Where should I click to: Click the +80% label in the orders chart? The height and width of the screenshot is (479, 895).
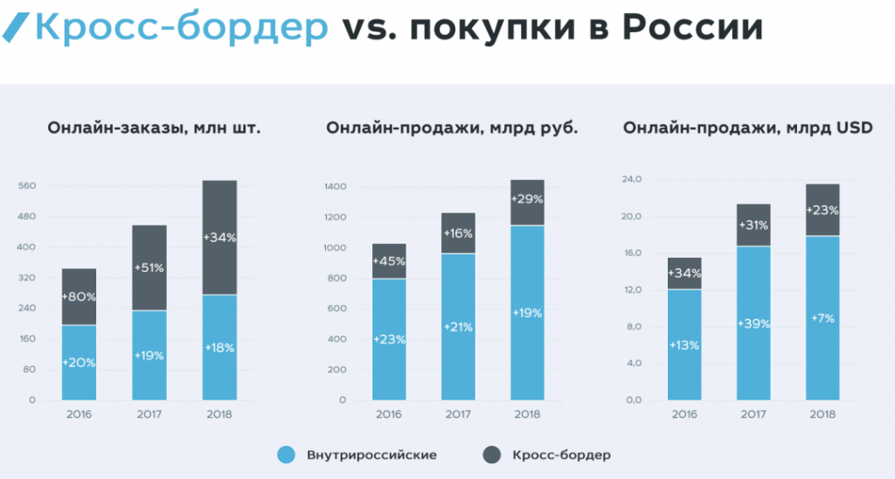(x=79, y=296)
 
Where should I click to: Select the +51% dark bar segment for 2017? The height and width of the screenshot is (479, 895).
(x=149, y=267)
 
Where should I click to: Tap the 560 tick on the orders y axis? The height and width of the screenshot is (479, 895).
(x=25, y=186)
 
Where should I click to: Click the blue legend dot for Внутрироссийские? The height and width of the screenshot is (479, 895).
(x=285, y=455)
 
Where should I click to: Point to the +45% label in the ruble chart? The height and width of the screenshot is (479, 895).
(x=389, y=262)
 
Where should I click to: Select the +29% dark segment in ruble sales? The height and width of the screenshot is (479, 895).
(x=527, y=199)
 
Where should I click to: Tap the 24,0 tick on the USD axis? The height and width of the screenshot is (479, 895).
(x=631, y=180)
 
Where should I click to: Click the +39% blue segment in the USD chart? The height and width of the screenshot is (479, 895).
(x=753, y=323)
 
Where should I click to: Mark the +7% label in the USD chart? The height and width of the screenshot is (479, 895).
(x=822, y=318)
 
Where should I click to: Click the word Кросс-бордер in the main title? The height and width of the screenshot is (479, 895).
(x=182, y=29)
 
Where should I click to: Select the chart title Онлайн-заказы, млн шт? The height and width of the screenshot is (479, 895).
(x=155, y=128)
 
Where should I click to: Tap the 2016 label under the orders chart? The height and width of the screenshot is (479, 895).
(x=79, y=414)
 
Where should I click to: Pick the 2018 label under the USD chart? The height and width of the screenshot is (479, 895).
(x=822, y=414)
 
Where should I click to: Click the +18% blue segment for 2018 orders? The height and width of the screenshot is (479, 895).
(x=219, y=347)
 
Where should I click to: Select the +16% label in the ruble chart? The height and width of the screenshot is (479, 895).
(x=458, y=233)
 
